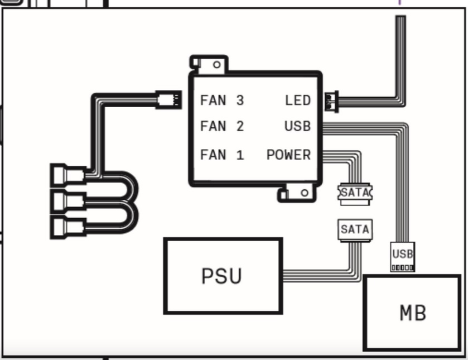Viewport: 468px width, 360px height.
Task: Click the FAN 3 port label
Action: point(222,100)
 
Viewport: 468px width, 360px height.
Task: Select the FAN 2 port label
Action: point(222,126)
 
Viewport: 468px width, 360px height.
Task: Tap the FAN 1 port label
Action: point(222,155)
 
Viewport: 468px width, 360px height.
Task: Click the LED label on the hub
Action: point(298,100)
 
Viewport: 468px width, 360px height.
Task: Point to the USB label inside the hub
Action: point(297,126)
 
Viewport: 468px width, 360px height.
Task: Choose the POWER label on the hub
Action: point(288,155)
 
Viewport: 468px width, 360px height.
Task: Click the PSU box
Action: point(223,276)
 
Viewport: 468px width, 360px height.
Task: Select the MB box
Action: point(412,313)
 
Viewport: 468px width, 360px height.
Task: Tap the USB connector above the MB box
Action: point(403,257)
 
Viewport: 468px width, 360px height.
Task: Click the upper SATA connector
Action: point(355,194)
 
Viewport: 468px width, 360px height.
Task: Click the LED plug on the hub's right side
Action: point(331,102)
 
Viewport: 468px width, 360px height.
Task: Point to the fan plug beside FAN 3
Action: point(168,99)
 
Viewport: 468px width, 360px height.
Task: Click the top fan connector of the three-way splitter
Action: point(68,174)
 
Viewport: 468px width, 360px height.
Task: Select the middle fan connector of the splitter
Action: point(68,201)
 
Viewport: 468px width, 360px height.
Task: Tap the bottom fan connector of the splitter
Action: point(68,228)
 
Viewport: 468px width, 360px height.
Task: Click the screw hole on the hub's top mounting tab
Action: point(217,65)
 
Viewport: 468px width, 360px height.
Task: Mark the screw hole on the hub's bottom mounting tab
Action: point(305,193)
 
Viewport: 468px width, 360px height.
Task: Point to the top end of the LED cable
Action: point(401,17)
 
